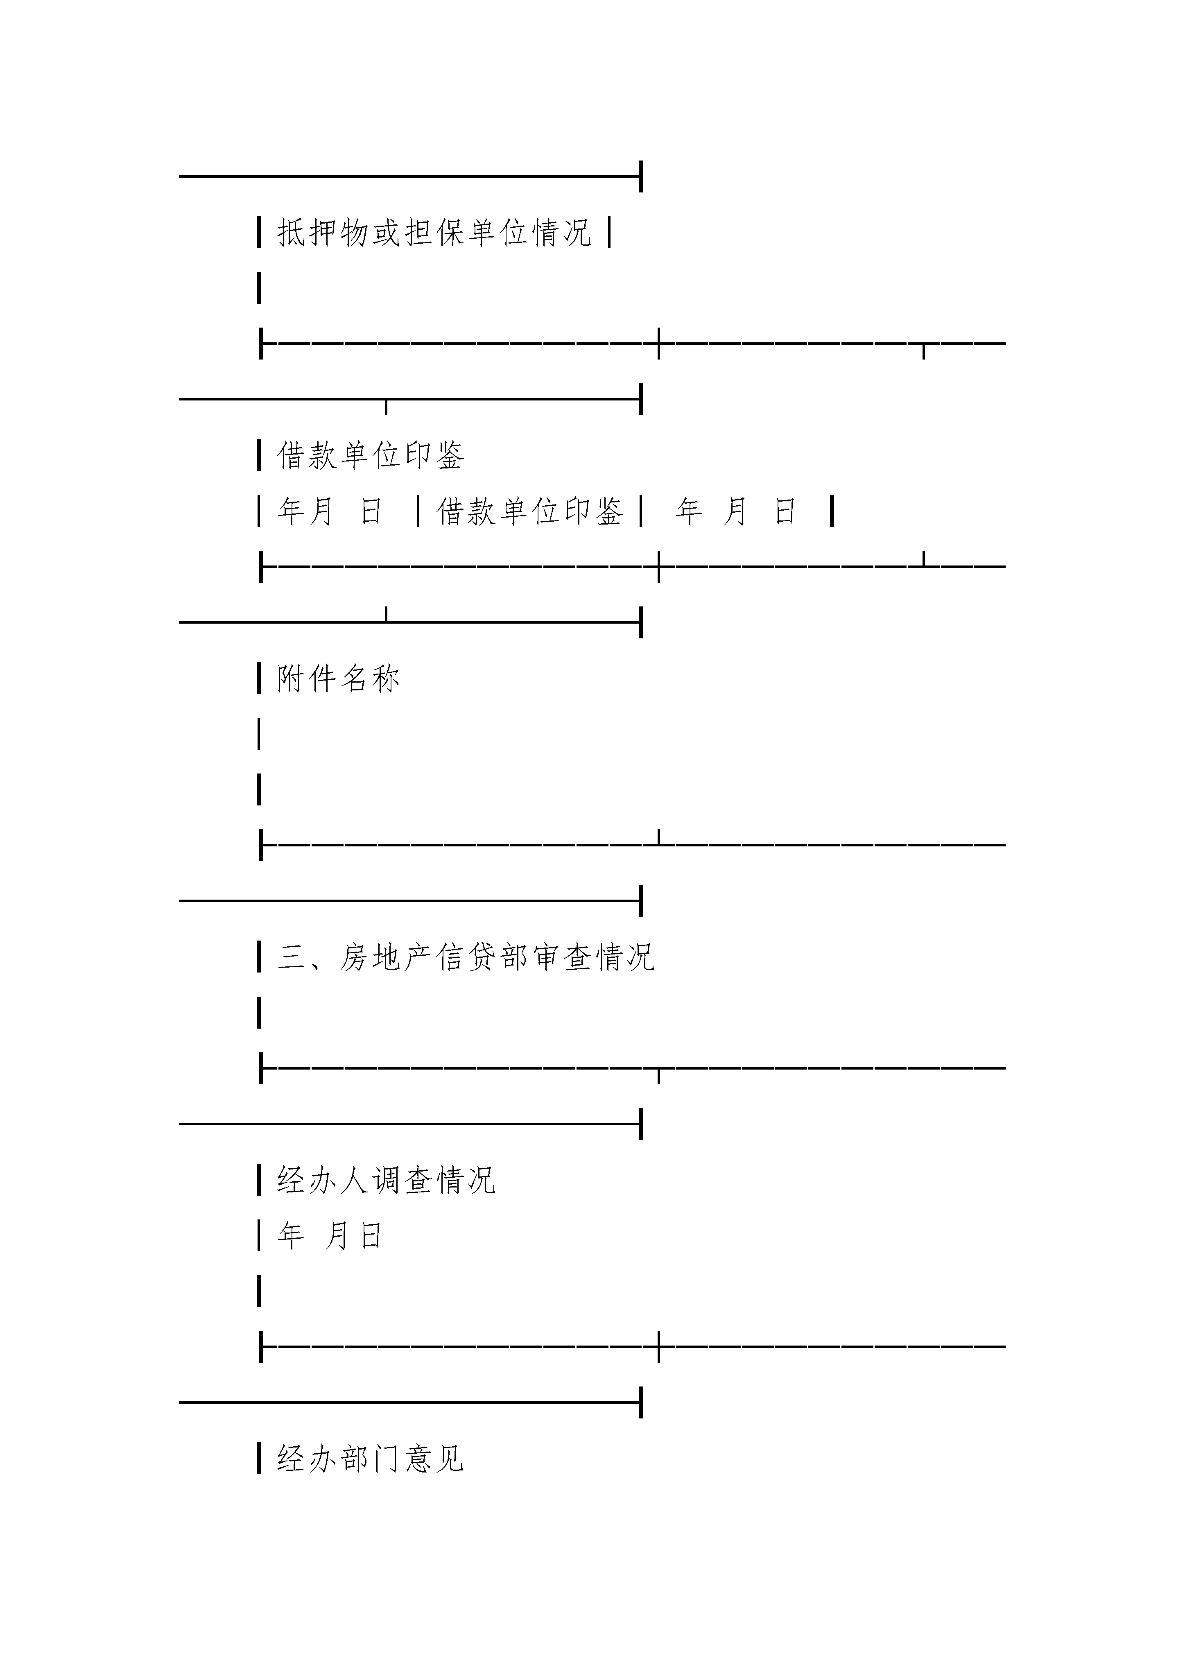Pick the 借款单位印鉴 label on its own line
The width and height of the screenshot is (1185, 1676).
370,455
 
